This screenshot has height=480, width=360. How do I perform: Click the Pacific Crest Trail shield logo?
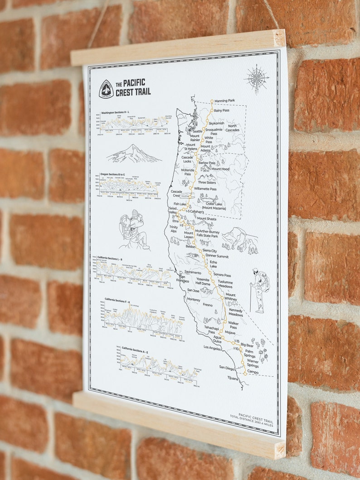coord(106,88)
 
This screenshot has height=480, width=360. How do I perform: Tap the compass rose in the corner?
coord(257,78)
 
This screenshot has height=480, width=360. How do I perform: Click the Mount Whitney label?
coord(230,297)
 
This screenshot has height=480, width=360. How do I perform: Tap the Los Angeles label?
coord(213,348)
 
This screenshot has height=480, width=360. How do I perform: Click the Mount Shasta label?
coord(206,219)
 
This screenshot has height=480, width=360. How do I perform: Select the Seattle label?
coord(197,131)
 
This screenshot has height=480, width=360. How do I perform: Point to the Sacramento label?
coord(193,272)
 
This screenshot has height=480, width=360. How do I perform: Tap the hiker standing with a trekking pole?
coord(259,289)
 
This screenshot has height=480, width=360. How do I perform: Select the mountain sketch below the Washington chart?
coord(134,154)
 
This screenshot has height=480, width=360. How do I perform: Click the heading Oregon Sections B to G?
coord(118,174)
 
